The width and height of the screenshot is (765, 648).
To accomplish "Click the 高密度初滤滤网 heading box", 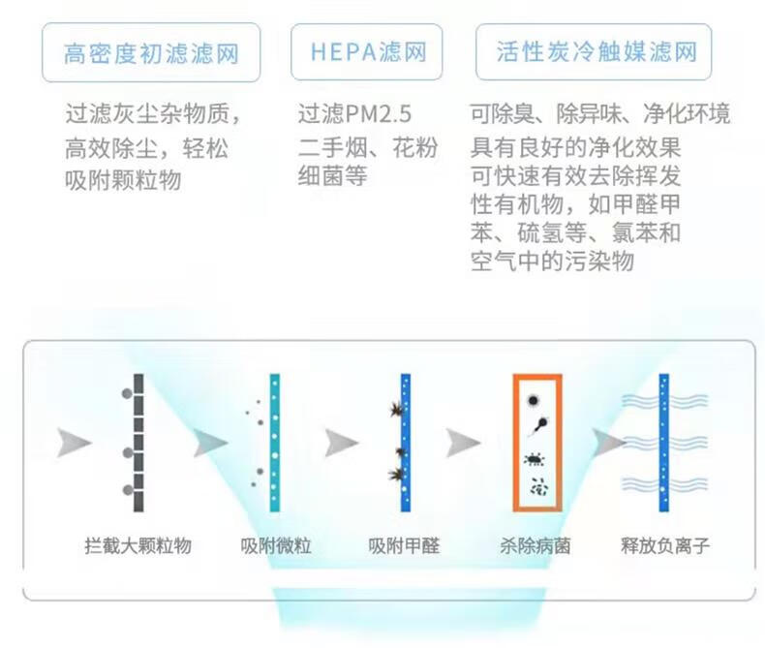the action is [x=151, y=52].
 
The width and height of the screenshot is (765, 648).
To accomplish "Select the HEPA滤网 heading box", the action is [x=366, y=51].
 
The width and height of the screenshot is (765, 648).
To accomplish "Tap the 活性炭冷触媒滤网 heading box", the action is [x=594, y=51].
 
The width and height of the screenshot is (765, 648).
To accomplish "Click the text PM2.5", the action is [x=379, y=114].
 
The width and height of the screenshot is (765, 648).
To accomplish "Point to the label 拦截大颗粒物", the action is [x=138, y=545].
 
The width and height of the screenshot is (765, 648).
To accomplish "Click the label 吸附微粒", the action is [x=276, y=545].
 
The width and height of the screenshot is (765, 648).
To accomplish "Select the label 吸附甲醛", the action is [x=404, y=545].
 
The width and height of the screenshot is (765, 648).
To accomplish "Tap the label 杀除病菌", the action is [x=535, y=545].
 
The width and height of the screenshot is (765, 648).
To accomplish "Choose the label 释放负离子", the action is [x=665, y=545].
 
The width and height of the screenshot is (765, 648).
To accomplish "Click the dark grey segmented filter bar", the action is [x=138, y=443].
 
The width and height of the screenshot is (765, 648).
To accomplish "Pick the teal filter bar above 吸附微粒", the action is [x=275, y=443].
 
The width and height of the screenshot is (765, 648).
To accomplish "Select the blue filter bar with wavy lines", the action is [x=663, y=443].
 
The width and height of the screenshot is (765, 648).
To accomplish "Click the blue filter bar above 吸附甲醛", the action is [x=406, y=443].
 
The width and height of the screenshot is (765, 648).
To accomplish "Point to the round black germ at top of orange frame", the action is [x=534, y=401].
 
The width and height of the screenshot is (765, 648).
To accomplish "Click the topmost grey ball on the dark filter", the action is [x=126, y=393].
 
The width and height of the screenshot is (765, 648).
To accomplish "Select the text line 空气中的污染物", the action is [x=552, y=262].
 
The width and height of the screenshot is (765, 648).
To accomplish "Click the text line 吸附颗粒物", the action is [x=123, y=180].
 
